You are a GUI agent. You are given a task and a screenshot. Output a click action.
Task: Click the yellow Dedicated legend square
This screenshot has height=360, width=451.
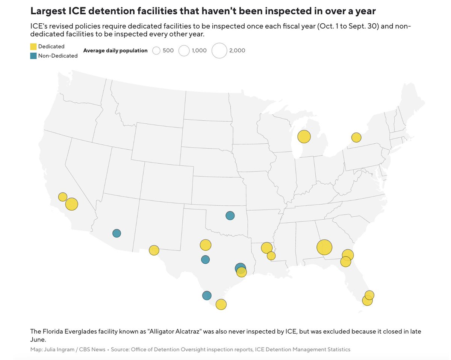(x=33, y=46)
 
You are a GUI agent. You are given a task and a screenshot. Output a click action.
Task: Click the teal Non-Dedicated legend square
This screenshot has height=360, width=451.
(x=33, y=56)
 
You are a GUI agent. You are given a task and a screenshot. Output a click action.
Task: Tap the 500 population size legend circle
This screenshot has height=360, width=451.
(x=156, y=50)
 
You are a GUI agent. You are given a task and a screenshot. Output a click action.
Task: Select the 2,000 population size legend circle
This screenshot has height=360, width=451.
(x=219, y=50)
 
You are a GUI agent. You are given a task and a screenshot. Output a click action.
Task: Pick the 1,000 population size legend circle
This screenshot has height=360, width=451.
(x=184, y=50)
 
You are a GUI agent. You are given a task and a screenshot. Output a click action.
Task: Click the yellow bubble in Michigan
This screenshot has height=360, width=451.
(x=304, y=137)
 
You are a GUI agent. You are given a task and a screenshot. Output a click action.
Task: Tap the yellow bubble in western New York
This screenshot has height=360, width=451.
(x=356, y=137)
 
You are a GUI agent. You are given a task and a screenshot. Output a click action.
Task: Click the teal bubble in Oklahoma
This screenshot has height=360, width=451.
(x=230, y=216)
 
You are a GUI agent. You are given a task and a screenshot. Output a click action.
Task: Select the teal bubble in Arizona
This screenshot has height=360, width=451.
(x=117, y=233)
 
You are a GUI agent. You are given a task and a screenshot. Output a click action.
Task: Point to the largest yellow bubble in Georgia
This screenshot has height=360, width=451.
(x=324, y=247)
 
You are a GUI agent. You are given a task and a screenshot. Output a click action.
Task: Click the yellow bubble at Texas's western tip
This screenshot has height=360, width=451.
(x=154, y=250)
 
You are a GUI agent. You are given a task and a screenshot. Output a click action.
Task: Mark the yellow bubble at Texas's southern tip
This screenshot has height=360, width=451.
(x=221, y=304)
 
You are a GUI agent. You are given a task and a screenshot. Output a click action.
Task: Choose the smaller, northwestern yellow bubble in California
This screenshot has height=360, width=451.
(x=62, y=197)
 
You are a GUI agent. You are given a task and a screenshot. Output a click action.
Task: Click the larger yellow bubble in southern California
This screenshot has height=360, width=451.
(x=71, y=204)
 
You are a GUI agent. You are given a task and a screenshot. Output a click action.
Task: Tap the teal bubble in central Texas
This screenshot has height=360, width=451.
(x=205, y=260)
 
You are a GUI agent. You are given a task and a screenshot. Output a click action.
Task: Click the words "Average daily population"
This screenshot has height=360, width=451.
(x=115, y=50)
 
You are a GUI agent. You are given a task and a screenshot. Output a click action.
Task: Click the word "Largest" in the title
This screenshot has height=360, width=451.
(x=48, y=11)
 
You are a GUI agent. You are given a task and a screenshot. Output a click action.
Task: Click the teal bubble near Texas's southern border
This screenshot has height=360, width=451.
(x=207, y=295)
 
